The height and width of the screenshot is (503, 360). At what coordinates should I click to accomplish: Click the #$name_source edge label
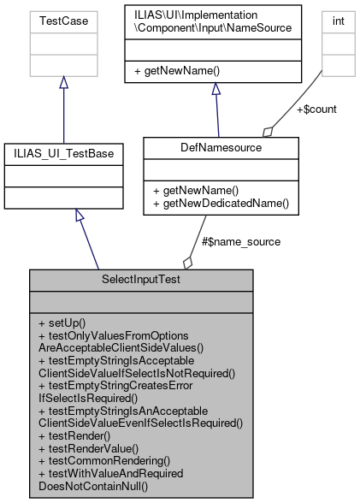coord(240,241)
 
